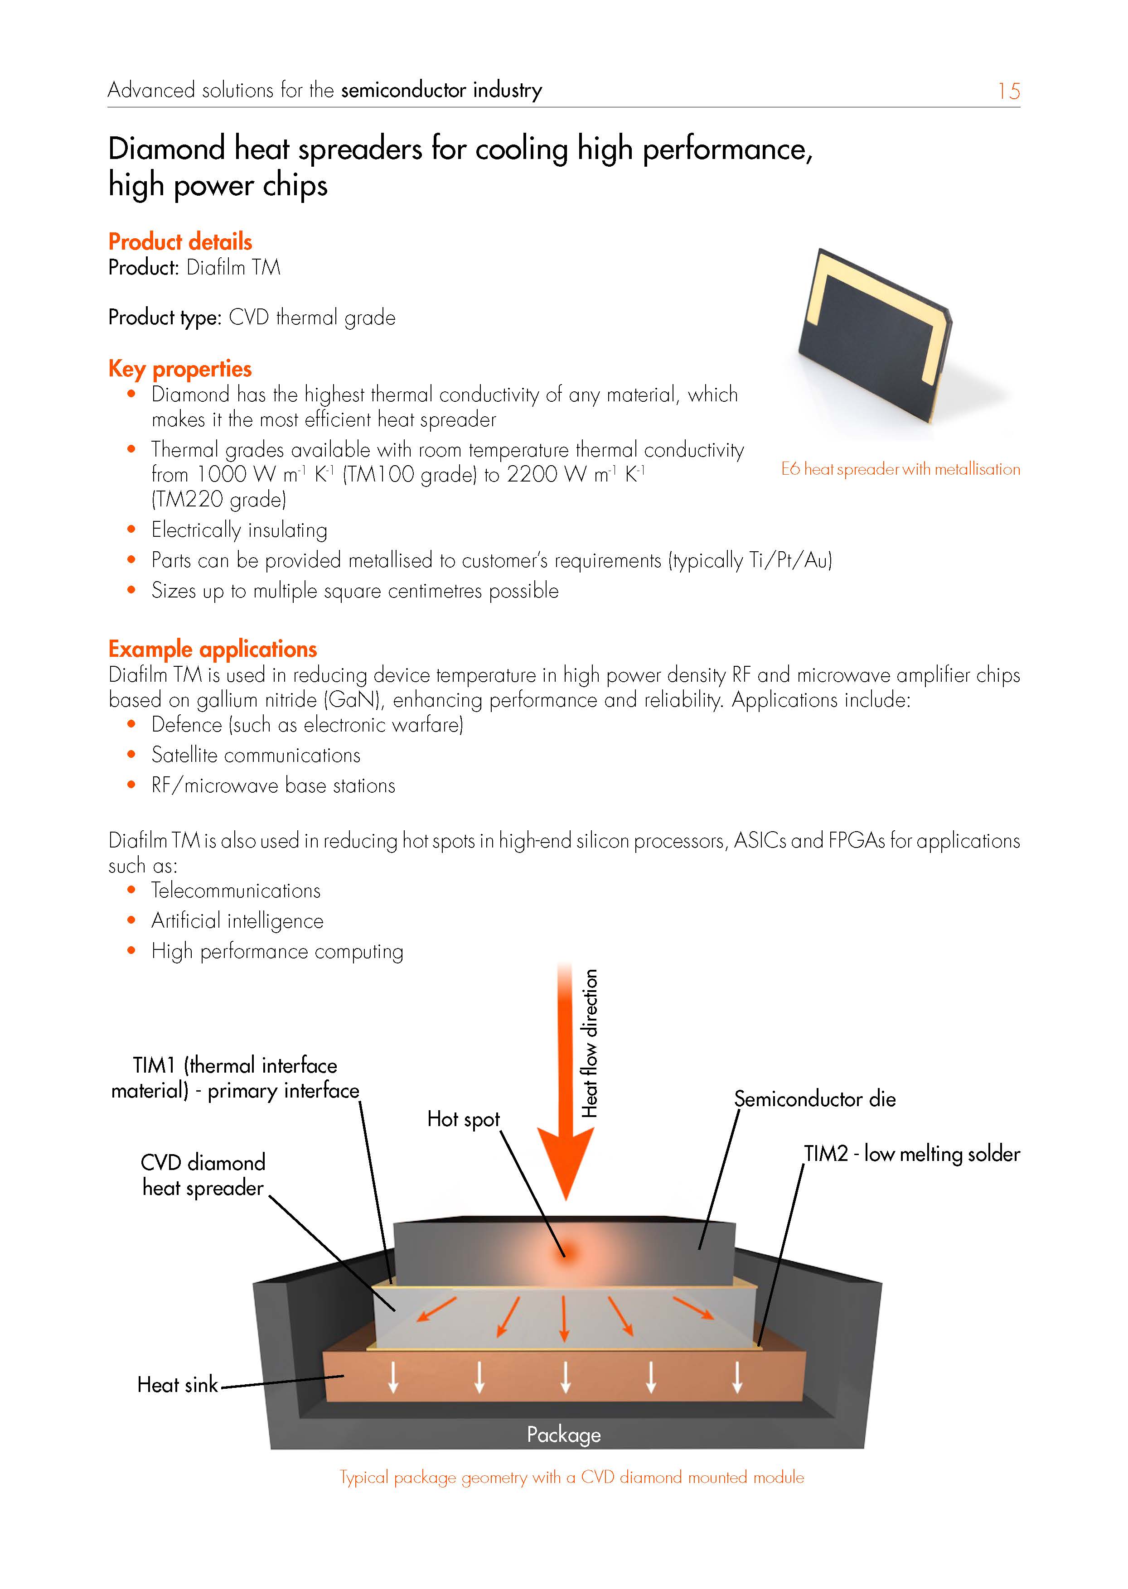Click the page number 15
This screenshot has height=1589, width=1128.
click(x=1008, y=91)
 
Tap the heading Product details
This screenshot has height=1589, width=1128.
click(x=180, y=241)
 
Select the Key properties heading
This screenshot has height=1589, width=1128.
click(x=180, y=369)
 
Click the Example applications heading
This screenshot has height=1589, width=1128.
click(x=213, y=649)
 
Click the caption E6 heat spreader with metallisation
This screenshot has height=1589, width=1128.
click(x=900, y=469)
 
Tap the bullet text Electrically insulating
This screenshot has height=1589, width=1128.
click(x=239, y=530)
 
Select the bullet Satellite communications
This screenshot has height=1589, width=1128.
click(x=256, y=755)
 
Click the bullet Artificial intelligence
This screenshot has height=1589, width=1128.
click(x=237, y=921)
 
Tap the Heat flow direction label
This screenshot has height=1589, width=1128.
click(x=590, y=1043)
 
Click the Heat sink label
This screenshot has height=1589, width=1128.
click(x=178, y=1385)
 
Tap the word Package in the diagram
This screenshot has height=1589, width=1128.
click(x=563, y=1435)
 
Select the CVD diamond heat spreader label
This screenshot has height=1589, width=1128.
click(x=203, y=1175)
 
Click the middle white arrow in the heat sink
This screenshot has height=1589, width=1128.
click(x=566, y=1377)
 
